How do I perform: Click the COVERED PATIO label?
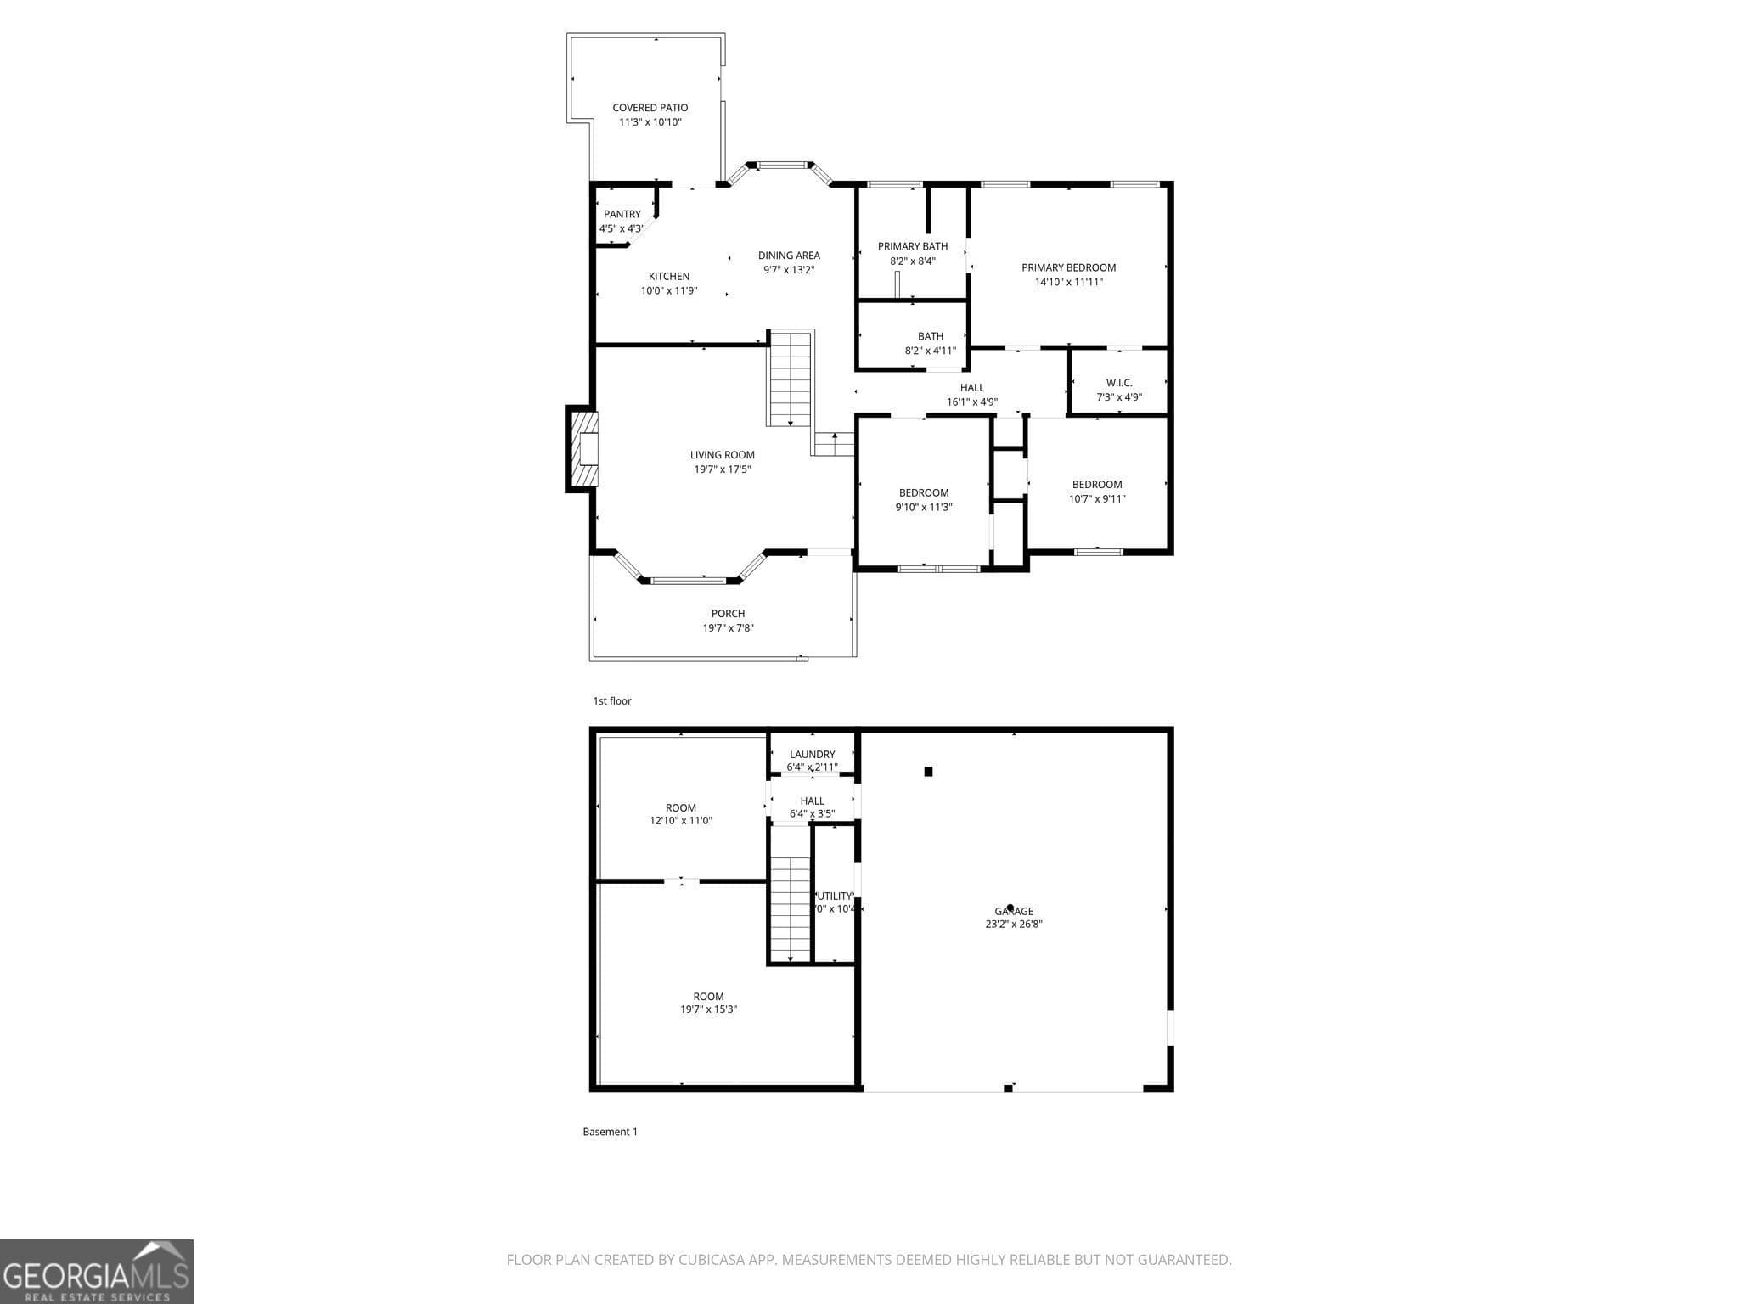click(650, 108)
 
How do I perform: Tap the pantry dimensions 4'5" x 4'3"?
click(622, 228)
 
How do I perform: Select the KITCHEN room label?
click(669, 276)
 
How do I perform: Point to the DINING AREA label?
click(789, 255)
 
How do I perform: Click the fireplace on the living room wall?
click(583, 449)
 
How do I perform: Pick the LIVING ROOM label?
click(722, 455)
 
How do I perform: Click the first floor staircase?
click(791, 379)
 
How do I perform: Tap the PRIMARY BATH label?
click(913, 246)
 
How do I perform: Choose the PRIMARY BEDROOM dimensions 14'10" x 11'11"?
click(1068, 282)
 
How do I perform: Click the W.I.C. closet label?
click(1119, 383)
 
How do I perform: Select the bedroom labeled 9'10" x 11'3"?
click(924, 499)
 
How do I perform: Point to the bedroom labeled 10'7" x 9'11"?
click(1097, 492)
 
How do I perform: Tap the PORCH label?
click(728, 614)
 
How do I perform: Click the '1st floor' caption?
click(612, 701)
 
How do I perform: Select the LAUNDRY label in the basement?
click(812, 754)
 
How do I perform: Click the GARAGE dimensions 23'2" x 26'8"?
click(1014, 924)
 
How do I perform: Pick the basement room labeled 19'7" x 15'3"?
click(708, 1003)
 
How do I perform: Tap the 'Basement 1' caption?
click(610, 1132)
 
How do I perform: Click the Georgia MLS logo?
click(96, 1271)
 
